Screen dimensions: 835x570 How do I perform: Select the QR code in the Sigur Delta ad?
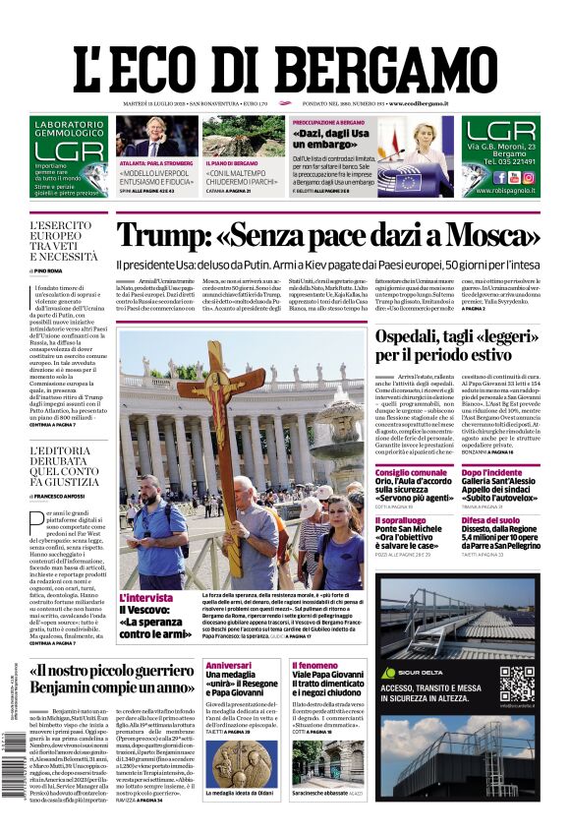point(515,683)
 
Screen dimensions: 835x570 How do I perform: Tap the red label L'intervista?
point(145,597)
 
